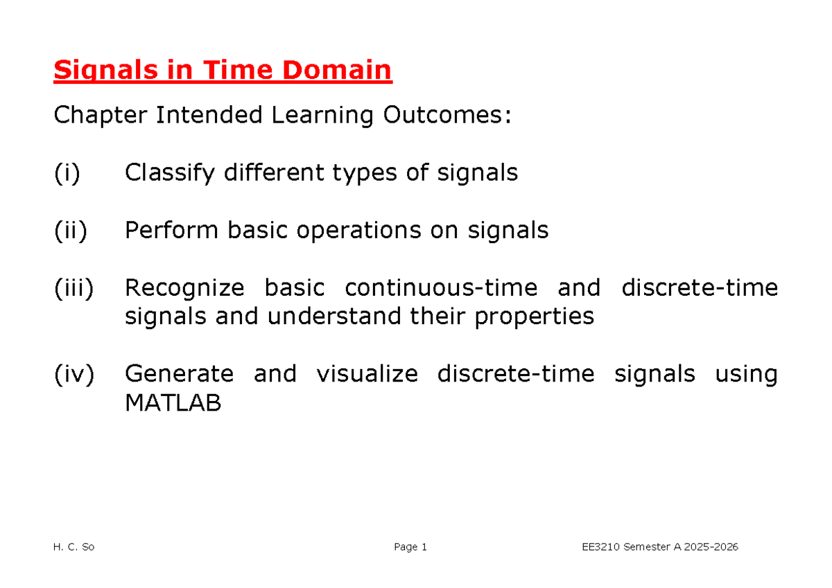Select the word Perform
click(171, 230)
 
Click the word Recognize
click(184, 287)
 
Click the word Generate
click(179, 374)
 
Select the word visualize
click(367, 374)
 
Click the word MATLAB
click(173, 403)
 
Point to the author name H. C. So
click(73, 547)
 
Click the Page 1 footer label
click(410, 547)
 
